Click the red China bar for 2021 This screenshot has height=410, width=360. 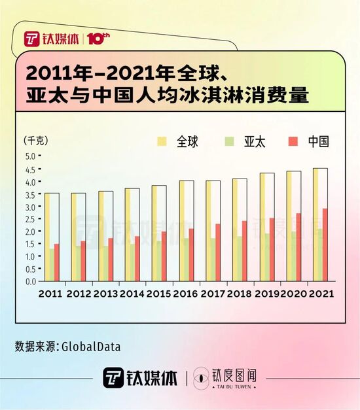point(325,245)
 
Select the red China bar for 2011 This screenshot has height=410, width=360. point(57,262)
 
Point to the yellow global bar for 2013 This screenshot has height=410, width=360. point(101,235)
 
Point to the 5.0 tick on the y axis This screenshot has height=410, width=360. point(30,156)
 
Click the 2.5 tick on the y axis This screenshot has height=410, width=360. point(30,218)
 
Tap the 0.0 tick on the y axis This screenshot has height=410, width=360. point(30,281)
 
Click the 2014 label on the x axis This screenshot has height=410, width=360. point(132,294)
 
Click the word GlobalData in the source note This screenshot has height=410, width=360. point(91,347)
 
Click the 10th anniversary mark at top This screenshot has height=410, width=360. point(95,39)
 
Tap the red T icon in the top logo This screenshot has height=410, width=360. point(32,39)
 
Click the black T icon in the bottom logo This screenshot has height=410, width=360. point(113,377)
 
